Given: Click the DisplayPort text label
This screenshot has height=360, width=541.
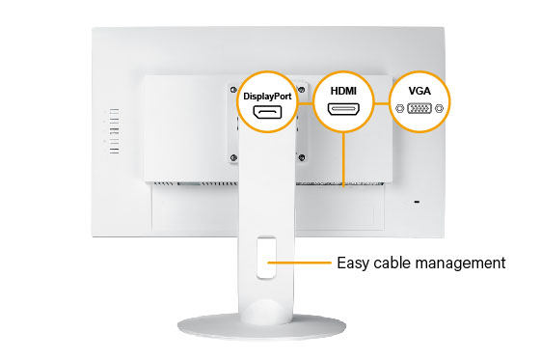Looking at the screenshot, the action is coord(272,97).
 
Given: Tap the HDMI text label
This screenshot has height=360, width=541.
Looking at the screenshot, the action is coord(343,89).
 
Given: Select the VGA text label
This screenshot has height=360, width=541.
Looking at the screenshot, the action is coord(419,90).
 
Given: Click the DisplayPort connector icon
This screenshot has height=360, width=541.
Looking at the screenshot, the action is coord(272,114).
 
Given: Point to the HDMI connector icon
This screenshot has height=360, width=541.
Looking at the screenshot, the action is coord(343,109).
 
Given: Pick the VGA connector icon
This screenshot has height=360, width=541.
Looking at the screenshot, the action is coord(419,109).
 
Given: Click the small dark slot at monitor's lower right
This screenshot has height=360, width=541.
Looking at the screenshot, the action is coord(418,202).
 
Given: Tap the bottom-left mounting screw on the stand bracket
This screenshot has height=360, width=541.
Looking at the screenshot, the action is coord(233,159).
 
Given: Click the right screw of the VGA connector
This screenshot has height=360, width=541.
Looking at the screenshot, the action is coord(439,109).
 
